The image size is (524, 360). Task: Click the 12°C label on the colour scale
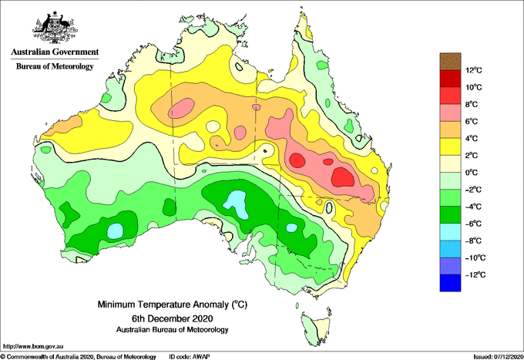pyautogui.click(x=474, y=70)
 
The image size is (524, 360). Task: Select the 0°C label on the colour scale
pyautogui.click(x=472, y=173)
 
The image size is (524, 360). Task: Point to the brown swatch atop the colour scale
pyautogui.click(x=450, y=61)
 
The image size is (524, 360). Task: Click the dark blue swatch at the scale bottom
pyautogui.click(x=450, y=283)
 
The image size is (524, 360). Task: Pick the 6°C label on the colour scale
pyautogui.click(x=472, y=121)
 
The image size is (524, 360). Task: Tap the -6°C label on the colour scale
pyautogui.click(x=473, y=224)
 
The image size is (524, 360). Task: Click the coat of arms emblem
pyautogui.click(x=55, y=28)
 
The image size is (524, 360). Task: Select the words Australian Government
pyautogui.click(x=55, y=52)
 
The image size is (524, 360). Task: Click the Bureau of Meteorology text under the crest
pyautogui.click(x=55, y=66)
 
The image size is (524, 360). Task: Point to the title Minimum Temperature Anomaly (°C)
pyautogui.click(x=172, y=304)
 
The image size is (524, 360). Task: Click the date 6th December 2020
pyautogui.click(x=172, y=318)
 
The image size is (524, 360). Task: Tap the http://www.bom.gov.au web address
pyautogui.click(x=33, y=347)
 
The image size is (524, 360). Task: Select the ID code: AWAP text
pyautogui.click(x=190, y=357)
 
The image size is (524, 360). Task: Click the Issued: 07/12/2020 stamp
pyautogui.click(x=498, y=357)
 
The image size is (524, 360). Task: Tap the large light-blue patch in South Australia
pyautogui.click(x=238, y=204)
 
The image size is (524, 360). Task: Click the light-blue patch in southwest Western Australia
pyautogui.click(x=116, y=231)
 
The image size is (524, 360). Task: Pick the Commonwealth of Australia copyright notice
pyautogui.click(x=79, y=357)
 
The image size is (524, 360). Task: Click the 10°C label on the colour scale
pyautogui.click(x=474, y=87)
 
